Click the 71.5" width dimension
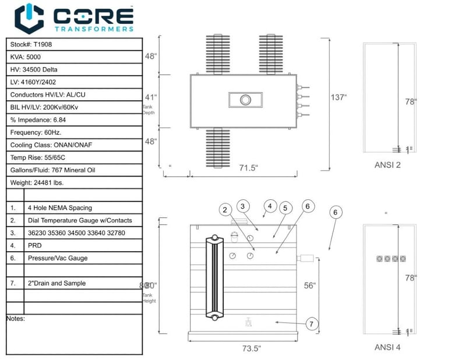click(249, 168)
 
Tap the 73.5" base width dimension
click(251, 348)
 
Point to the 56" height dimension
click(309, 285)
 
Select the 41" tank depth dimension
click(150, 98)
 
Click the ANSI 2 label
click(387, 165)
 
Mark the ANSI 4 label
click(387, 348)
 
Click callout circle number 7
click(312, 324)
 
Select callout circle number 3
click(243, 205)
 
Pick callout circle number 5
click(285, 208)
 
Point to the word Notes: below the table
click(16, 319)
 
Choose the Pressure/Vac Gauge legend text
click(56, 257)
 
